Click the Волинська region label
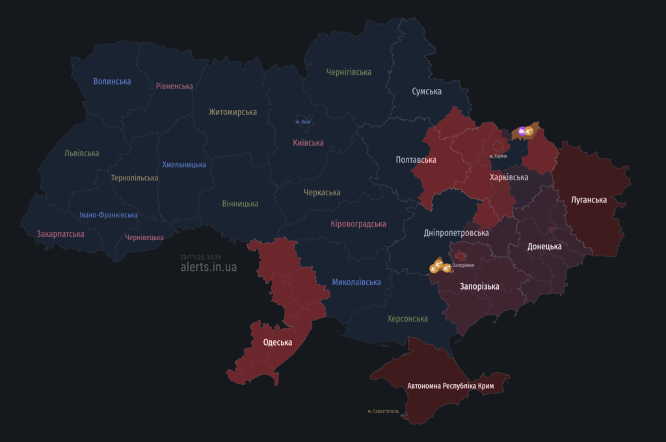(x=112, y=81)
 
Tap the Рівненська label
(x=174, y=86)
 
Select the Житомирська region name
(x=233, y=112)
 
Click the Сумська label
(x=427, y=92)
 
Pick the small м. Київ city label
(x=303, y=122)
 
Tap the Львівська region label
(x=82, y=153)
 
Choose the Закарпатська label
(x=60, y=234)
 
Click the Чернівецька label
(x=144, y=238)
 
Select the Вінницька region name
(x=240, y=204)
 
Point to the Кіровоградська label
(x=358, y=224)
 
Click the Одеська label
(x=278, y=342)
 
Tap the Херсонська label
(x=408, y=318)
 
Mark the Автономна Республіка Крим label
(x=451, y=386)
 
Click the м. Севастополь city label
(x=383, y=411)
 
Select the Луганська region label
(x=589, y=200)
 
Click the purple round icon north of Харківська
(x=522, y=131)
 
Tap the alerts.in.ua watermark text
(x=209, y=267)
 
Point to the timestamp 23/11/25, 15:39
(x=200, y=257)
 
